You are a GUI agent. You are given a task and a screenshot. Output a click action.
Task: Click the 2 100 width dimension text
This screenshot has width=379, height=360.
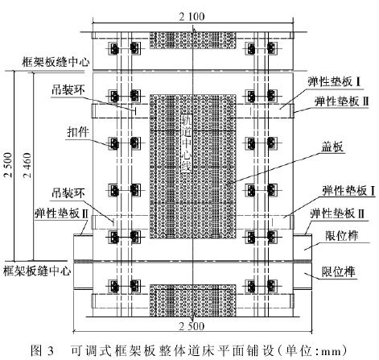[x=192, y=17]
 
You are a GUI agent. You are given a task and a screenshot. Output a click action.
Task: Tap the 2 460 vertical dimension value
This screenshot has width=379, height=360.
[x=27, y=165]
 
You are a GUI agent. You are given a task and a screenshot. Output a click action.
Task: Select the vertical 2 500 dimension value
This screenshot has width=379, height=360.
[x=8, y=165]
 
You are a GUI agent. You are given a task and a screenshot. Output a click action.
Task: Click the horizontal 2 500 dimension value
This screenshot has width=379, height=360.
[x=192, y=326]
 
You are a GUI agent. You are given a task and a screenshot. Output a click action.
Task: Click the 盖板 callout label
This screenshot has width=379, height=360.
[x=332, y=147]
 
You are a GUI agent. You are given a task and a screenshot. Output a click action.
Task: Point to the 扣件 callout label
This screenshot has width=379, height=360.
[x=78, y=132]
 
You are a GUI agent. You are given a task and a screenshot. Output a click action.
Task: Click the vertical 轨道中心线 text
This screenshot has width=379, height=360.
[x=187, y=143]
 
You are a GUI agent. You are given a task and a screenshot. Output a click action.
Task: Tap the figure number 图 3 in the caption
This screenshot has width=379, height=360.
[x=43, y=350]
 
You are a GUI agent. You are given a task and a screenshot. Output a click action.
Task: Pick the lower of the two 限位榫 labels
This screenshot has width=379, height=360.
[x=339, y=271]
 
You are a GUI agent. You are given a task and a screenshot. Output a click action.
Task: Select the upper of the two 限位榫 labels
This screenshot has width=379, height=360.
[x=341, y=236]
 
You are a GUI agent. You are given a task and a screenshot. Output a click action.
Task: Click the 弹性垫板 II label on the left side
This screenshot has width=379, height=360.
[x=61, y=213]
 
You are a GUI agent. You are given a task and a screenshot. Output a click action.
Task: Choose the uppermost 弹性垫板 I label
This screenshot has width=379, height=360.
[x=334, y=81]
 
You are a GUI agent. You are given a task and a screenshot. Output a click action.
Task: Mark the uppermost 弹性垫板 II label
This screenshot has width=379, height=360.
[x=342, y=101]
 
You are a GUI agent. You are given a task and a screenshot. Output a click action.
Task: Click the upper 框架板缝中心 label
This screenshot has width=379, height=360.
[x=56, y=62]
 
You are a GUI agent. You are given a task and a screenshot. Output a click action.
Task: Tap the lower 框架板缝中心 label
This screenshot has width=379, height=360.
[x=37, y=271]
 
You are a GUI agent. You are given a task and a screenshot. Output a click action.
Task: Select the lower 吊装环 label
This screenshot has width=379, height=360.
[x=68, y=192]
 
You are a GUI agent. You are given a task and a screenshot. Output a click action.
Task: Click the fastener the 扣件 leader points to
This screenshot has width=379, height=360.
[x=114, y=144]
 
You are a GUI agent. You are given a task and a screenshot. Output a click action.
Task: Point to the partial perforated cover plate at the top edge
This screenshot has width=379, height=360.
[x=193, y=40]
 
